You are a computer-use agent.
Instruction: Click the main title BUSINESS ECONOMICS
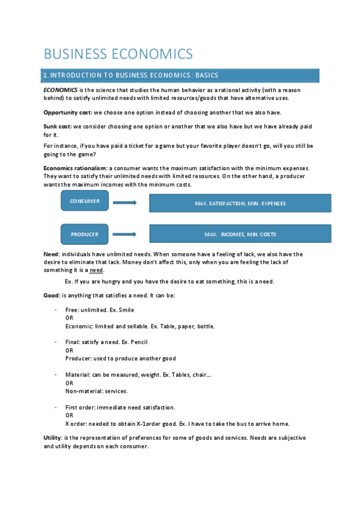click(118, 54)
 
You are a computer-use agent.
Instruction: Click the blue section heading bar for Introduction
click(180, 75)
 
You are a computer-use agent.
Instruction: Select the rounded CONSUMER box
click(85, 201)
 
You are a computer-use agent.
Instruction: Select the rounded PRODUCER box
click(85, 234)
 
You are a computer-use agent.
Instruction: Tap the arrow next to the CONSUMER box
click(125, 203)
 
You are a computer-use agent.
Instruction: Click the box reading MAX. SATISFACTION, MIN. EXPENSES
click(240, 203)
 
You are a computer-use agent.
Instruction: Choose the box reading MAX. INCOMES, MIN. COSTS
click(240, 234)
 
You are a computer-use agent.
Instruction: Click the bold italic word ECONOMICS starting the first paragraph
click(60, 90)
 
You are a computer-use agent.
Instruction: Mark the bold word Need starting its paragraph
click(51, 254)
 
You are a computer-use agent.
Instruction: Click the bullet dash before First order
click(55, 407)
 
